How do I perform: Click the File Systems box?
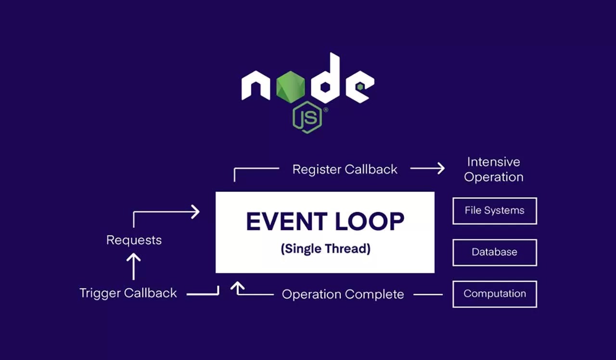(494, 211)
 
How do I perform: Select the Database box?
(494, 252)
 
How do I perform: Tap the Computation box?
(494, 294)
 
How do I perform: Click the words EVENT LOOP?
(325, 221)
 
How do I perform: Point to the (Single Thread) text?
(325, 249)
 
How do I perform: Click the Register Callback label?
(345, 169)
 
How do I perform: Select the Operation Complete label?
(343, 294)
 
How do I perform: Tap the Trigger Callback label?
(128, 293)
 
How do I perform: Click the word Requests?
(134, 240)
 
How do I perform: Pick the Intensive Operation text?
(493, 169)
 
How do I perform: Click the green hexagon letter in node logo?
(291, 87)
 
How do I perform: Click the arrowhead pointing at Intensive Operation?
(439, 168)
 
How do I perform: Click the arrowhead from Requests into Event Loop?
(195, 212)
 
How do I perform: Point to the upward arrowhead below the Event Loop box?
(237, 287)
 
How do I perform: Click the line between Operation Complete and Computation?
(428, 294)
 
